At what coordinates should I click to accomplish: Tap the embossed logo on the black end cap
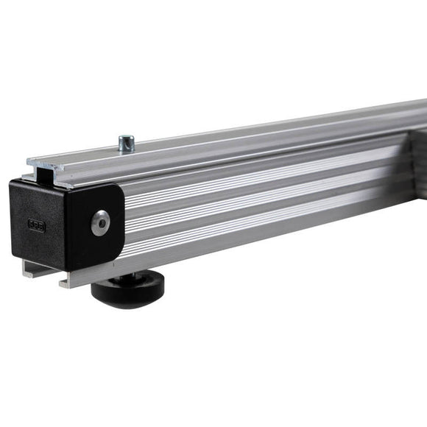[x=36, y=226]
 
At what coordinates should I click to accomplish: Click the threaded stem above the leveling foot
[x=118, y=271]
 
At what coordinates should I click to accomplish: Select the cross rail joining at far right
[x=418, y=158]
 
